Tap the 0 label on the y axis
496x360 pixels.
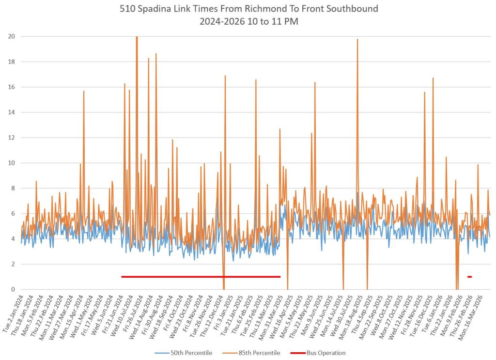point(13,289)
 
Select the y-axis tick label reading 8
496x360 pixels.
point(13,188)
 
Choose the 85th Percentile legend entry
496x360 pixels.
point(260,353)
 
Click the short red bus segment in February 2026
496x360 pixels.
point(469,277)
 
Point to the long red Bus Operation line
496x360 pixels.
point(201,277)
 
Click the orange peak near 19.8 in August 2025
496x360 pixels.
point(357,40)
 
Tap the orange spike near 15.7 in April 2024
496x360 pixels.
point(84,92)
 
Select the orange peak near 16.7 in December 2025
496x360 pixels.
point(433,78)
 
